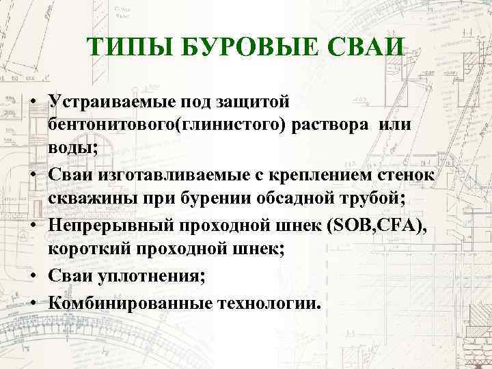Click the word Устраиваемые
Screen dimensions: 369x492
(x=111, y=101)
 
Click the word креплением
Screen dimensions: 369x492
(x=330, y=177)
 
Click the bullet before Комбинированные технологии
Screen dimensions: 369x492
(x=33, y=301)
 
